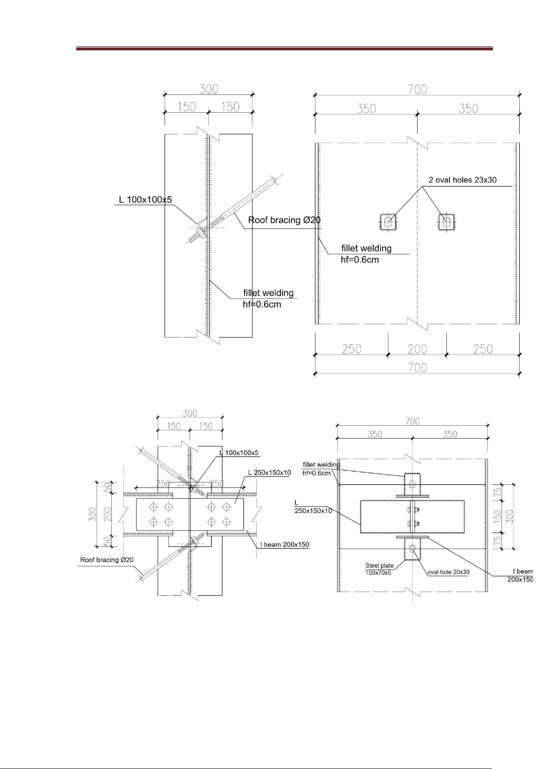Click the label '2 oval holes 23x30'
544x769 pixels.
(462, 180)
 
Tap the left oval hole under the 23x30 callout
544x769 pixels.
(388, 222)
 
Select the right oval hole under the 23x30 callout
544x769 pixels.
(446, 222)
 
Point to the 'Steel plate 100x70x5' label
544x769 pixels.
(379, 569)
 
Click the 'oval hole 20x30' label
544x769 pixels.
(448, 572)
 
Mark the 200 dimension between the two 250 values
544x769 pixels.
(417, 349)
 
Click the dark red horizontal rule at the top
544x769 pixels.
(284, 48)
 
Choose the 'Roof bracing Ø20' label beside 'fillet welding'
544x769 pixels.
(284, 220)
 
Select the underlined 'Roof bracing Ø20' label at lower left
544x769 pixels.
(107, 560)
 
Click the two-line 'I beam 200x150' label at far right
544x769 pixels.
(520, 575)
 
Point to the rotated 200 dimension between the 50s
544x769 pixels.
(108, 514)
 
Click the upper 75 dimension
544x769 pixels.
(497, 491)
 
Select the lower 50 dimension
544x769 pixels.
(108, 541)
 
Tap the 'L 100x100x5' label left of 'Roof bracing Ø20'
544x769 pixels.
(145, 200)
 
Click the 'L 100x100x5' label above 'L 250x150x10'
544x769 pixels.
(239, 453)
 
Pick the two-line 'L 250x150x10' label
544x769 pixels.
(313, 507)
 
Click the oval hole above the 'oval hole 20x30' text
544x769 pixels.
(413, 549)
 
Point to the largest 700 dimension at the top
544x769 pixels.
(417, 89)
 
